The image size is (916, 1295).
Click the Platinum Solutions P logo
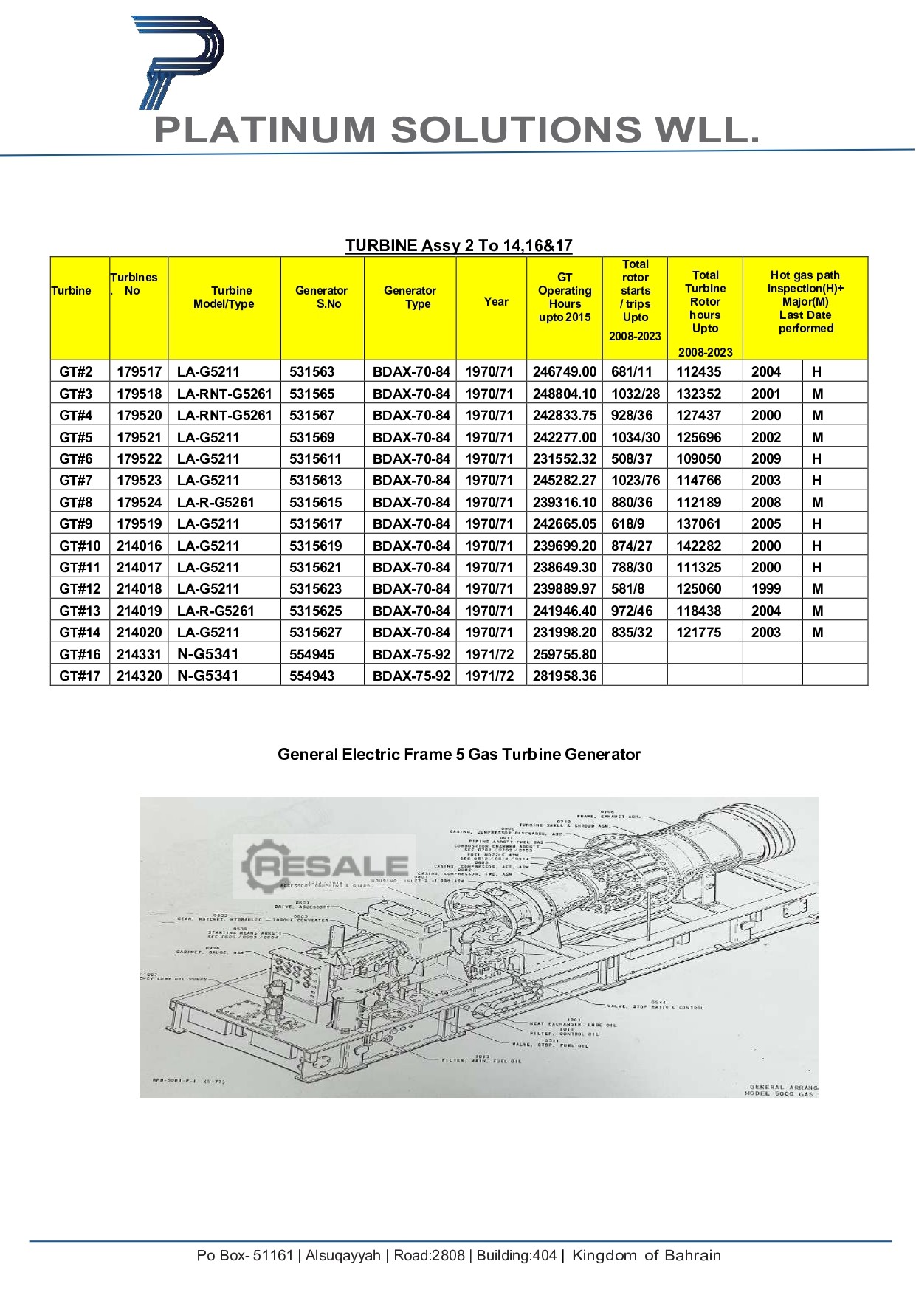[177, 63]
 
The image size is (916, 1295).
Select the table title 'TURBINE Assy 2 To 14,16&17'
[458, 246]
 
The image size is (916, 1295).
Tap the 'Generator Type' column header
[410, 297]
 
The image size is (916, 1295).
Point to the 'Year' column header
[496, 301]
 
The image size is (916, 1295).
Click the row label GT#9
[76, 523]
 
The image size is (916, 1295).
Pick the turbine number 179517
[139, 371]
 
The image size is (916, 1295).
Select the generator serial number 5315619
[315, 546]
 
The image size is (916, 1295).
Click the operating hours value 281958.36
[565, 676]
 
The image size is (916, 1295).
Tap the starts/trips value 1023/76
[635, 480]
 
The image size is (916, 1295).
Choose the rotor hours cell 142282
[698, 546]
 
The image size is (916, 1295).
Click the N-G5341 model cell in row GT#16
[208, 654]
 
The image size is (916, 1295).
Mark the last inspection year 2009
[765, 458]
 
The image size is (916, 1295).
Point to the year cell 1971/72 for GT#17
[489, 676]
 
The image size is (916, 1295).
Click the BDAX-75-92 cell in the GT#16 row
[411, 654]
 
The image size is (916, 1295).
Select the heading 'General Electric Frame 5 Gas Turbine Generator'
[458, 754]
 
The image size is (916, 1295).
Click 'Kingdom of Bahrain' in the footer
[646, 1255]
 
